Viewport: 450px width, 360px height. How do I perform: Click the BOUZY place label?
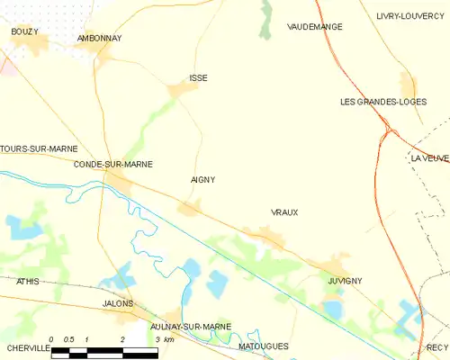coord(24,31)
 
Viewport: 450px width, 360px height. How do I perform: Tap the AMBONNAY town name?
coord(99,39)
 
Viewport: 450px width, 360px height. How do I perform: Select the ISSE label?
coord(198,78)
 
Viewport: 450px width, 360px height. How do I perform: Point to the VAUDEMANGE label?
coord(315,27)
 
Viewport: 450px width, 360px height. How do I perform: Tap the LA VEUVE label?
coord(429,158)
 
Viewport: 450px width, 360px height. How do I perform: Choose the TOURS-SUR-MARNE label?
coord(39,148)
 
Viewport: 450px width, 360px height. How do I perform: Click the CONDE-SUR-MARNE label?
coord(112,165)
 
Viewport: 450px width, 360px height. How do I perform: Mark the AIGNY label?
coord(202,180)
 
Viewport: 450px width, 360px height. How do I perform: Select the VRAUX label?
coord(284,212)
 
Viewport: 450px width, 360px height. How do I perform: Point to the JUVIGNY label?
coord(345,281)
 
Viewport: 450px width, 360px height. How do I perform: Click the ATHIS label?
coord(28,282)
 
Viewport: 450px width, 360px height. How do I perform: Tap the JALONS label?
coord(118,304)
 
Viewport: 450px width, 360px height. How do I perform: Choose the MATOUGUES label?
coord(263,346)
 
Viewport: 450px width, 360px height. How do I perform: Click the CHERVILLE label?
coord(24,347)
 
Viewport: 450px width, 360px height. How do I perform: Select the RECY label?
coord(437,347)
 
